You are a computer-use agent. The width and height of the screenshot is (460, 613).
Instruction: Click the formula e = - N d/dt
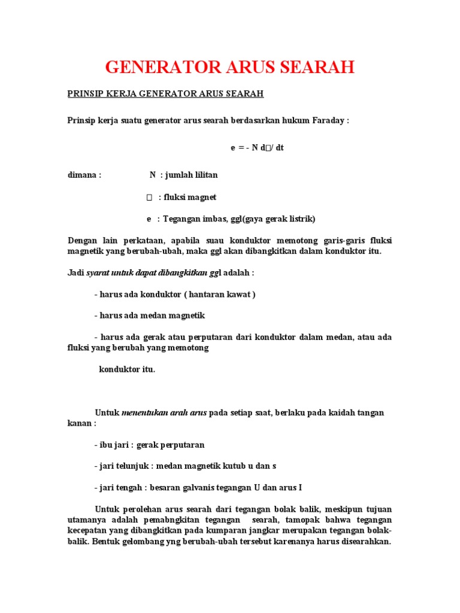[x=257, y=147]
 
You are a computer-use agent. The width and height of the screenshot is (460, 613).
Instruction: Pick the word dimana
[x=83, y=175]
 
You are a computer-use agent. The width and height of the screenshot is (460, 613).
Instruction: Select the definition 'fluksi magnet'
[x=190, y=197]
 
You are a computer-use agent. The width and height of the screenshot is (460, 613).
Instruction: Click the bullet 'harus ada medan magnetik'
[x=150, y=315]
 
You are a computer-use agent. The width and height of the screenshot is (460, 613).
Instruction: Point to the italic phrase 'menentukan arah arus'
[x=164, y=412]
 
